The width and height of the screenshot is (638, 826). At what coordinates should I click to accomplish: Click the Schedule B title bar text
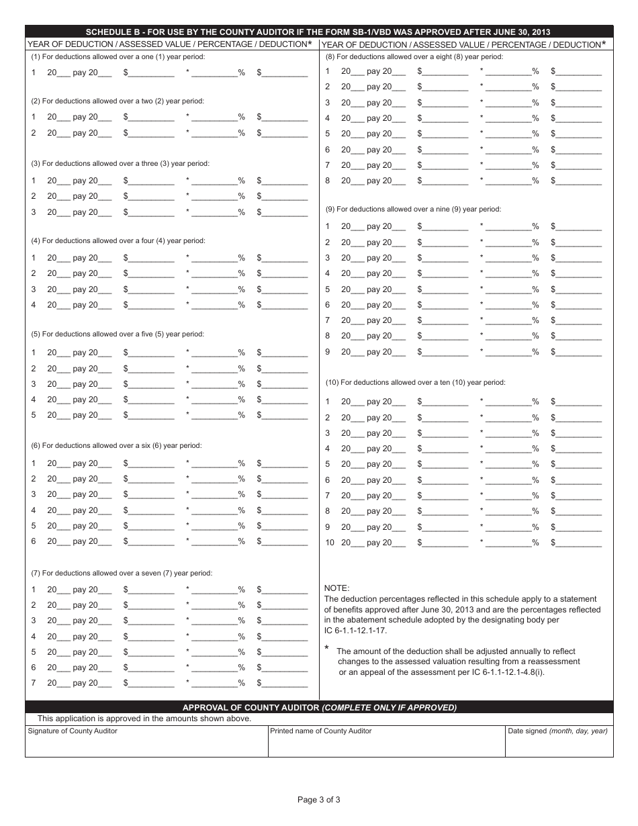(x=319, y=32)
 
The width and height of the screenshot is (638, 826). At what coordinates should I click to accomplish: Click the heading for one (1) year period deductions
(x=118, y=56)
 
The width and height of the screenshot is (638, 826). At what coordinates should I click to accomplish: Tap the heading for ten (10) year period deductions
(x=415, y=382)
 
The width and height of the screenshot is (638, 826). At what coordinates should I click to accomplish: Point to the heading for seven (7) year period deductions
(x=122, y=573)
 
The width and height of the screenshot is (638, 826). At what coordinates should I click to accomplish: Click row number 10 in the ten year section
(x=329, y=543)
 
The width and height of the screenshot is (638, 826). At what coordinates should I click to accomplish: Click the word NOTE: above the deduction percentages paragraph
(x=336, y=588)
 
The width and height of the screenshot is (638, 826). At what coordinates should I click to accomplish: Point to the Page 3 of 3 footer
(x=319, y=799)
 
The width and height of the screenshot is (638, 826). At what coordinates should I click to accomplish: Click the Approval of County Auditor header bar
(x=319, y=707)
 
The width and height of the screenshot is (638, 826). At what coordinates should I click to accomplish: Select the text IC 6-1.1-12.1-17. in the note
(x=355, y=631)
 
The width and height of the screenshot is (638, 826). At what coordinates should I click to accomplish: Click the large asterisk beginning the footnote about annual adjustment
(x=327, y=649)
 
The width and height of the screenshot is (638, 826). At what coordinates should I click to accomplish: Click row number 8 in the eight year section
(x=328, y=181)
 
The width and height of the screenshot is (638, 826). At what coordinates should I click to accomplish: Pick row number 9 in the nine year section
(x=328, y=352)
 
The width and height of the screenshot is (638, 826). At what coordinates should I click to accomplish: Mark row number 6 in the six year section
(x=34, y=541)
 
